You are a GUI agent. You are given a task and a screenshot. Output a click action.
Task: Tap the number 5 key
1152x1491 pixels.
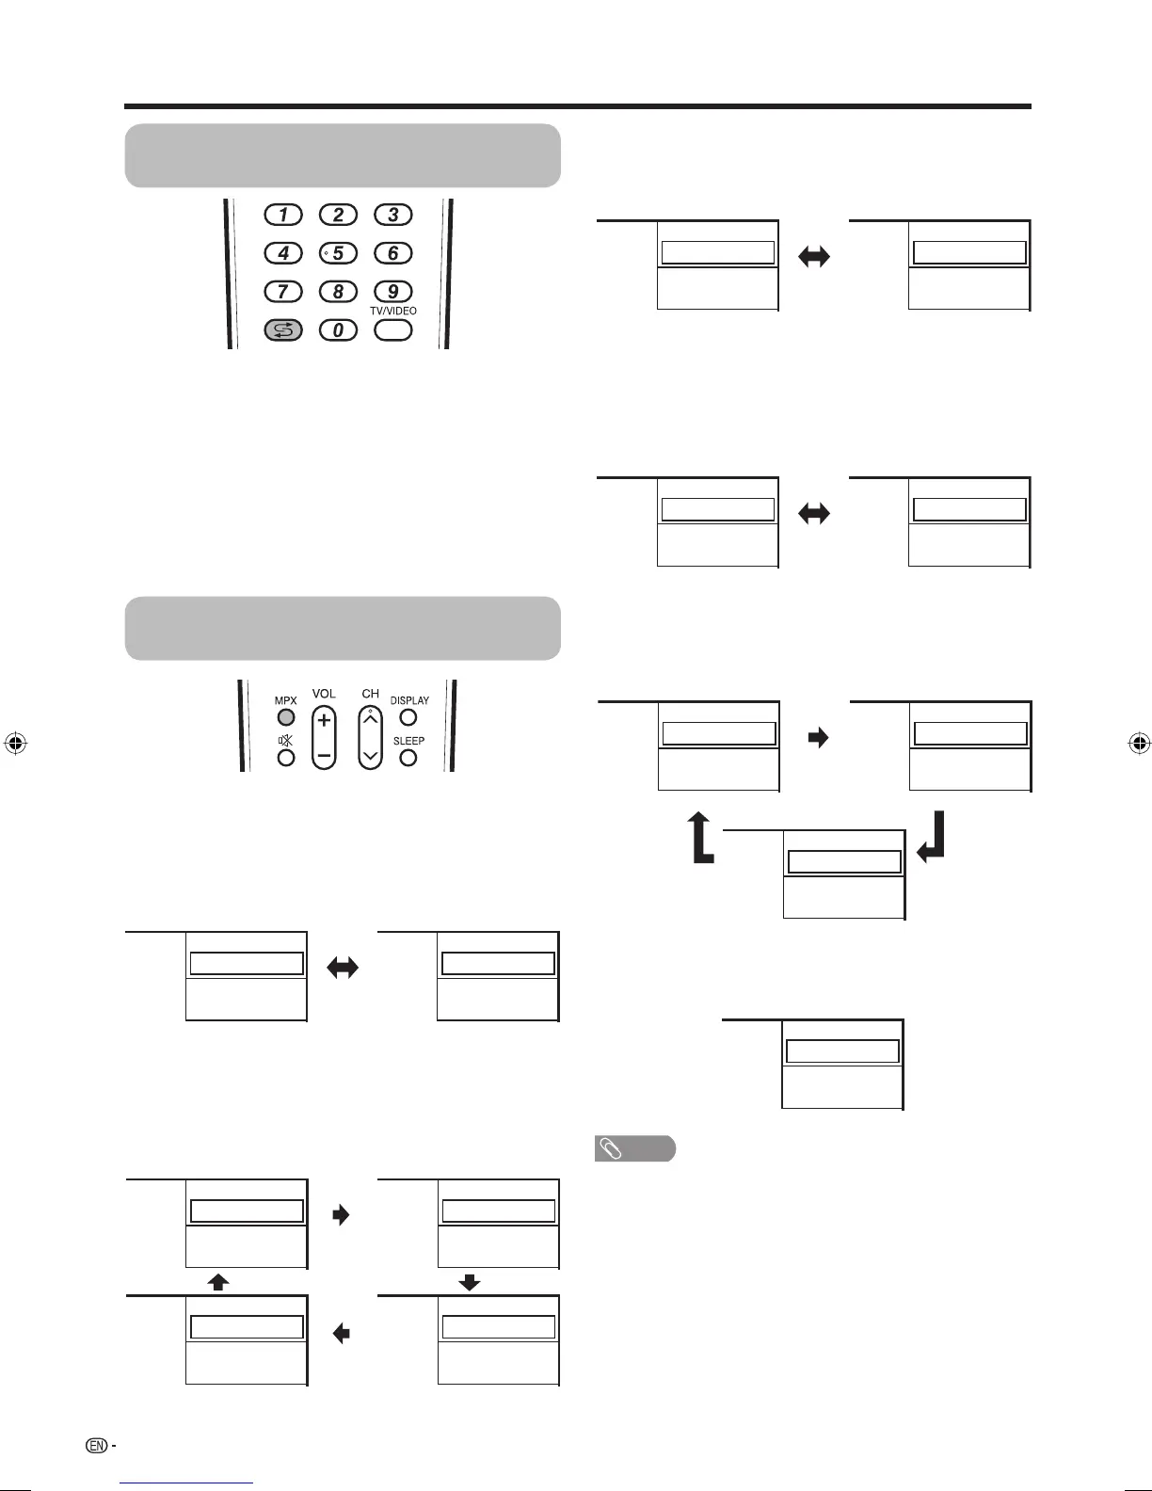click(x=339, y=253)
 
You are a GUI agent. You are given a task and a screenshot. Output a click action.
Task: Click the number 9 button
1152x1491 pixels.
click(x=393, y=292)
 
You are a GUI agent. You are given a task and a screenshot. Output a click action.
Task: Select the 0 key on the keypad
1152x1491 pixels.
click(x=339, y=330)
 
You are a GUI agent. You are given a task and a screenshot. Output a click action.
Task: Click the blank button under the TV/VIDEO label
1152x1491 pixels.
click(x=393, y=330)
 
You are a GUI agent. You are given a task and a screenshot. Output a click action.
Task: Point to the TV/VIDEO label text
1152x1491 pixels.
click(x=393, y=311)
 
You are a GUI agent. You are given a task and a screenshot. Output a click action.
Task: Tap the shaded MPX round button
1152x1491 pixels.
click(x=286, y=718)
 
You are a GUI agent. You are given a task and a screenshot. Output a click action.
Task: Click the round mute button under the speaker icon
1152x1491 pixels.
click(x=286, y=758)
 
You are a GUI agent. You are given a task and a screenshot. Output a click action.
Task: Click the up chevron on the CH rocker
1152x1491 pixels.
click(x=371, y=721)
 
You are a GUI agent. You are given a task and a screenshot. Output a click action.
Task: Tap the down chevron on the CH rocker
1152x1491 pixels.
click(x=371, y=755)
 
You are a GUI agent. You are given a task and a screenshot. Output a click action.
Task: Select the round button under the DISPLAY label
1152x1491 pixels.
click(x=408, y=717)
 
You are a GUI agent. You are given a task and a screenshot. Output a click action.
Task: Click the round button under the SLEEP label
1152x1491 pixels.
click(x=408, y=757)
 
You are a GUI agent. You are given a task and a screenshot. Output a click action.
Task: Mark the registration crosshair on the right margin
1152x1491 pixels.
click(x=1139, y=744)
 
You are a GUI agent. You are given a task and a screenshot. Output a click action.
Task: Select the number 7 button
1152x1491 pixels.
click(x=283, y=292)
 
